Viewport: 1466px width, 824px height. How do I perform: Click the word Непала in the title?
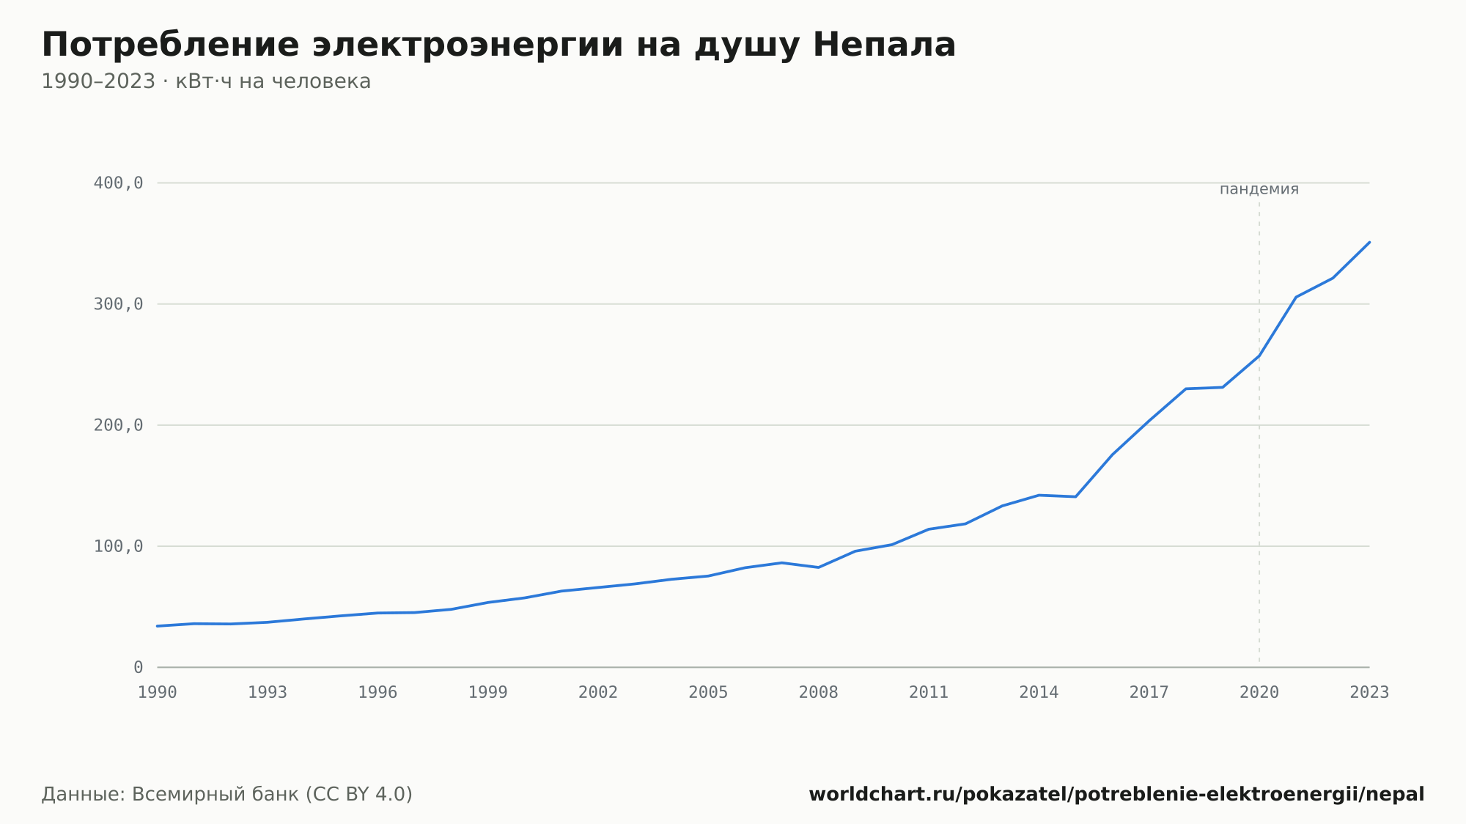tap(884, 45)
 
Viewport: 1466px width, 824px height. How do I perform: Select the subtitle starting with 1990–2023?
tap(206, 81)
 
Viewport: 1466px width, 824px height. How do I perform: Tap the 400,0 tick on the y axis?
tap(118, 183)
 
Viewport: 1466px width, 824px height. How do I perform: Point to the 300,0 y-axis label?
tap(118, 304)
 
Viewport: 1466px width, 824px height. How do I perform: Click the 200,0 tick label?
tap(118, 425)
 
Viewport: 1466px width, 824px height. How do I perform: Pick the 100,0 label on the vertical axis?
tap(118, 546)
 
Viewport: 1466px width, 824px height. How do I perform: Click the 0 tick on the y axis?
tap(138, 667)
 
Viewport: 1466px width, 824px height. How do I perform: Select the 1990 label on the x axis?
tap(158, 693)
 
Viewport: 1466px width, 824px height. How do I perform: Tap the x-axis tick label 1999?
tap(488, 693)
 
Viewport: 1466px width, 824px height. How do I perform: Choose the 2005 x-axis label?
tap(708, 693)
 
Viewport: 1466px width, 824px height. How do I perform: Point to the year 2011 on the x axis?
tap(929, 693)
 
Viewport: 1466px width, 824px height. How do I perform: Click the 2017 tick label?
tap(1149, 693)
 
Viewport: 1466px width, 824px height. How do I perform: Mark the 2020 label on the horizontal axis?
tap(1259, 693)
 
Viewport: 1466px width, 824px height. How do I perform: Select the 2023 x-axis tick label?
tap(1369, 693)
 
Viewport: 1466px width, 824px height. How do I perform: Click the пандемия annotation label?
tap(1259, 189)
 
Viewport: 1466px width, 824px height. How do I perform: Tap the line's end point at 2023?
tap(1369, 242)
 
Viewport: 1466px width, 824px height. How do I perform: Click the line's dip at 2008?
tap(819, 567)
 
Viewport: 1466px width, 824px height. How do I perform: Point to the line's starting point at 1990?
tap(158, 626)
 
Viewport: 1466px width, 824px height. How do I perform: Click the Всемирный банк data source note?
tap(227, 795)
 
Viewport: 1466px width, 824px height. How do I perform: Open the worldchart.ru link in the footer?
tap(1116, 795)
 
